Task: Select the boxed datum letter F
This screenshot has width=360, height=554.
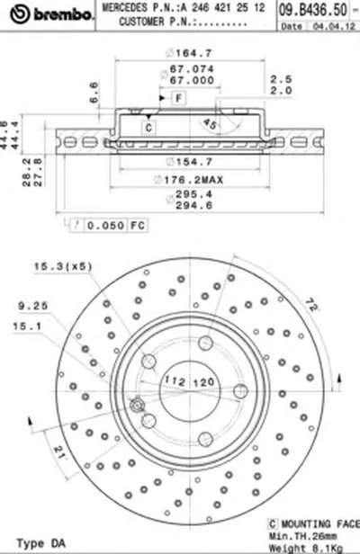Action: click(178, 97)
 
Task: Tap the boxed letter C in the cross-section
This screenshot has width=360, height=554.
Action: click(149, 128)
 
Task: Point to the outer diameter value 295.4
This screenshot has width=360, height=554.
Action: click(186, 192)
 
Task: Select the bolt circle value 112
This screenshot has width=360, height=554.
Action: click(174, 381)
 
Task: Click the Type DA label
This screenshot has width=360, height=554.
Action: click(32, 543)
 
